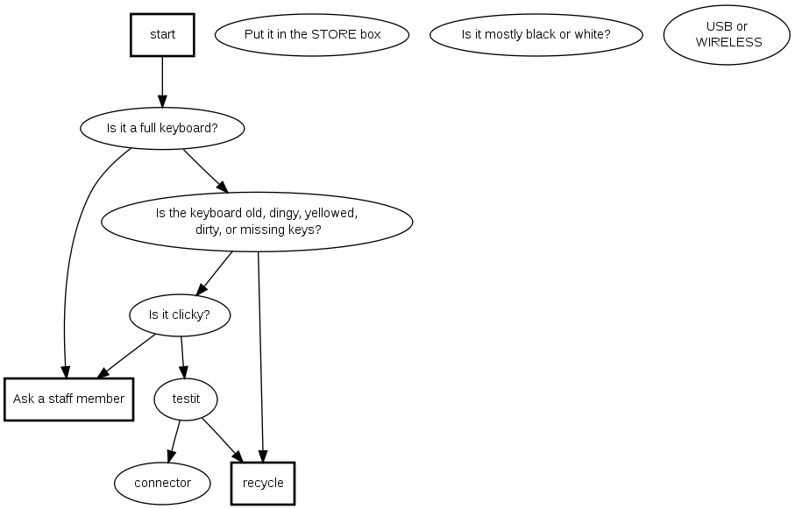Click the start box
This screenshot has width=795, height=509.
point(162,35)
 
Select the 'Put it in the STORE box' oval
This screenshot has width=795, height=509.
point(312,35)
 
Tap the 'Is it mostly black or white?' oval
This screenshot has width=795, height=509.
point(536,35)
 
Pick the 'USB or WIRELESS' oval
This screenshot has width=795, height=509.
point(727,34)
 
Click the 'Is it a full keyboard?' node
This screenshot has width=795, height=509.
point(162,128)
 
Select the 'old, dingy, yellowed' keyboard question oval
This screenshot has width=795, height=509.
point(257,221)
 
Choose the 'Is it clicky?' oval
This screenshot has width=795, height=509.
point(180,315)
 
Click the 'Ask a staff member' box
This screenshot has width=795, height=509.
point(68,399)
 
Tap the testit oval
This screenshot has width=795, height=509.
point(186,399)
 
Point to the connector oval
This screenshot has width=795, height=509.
point(163,483)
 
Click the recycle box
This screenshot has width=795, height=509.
point(263,484)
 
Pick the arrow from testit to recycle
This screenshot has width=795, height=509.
point(222,438)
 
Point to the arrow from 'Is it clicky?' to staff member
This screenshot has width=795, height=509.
point(127,355)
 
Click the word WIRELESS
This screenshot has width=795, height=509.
point(728,42)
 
